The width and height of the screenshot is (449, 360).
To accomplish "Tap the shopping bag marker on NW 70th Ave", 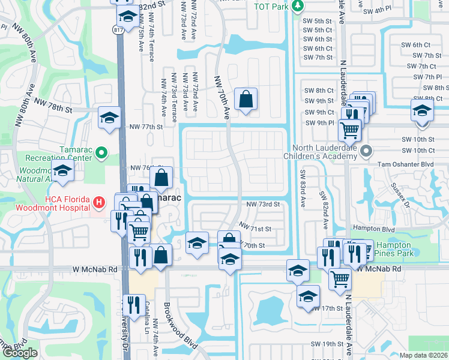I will [246, 100].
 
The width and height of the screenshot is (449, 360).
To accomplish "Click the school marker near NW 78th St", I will [109, 118].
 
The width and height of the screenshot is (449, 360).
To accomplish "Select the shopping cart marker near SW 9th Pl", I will [349, 128].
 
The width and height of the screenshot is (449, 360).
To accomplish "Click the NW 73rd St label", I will [264, 205].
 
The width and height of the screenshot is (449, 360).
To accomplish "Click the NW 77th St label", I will [146, 127].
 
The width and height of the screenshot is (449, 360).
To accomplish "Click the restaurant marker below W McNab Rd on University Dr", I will [134, 305].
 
